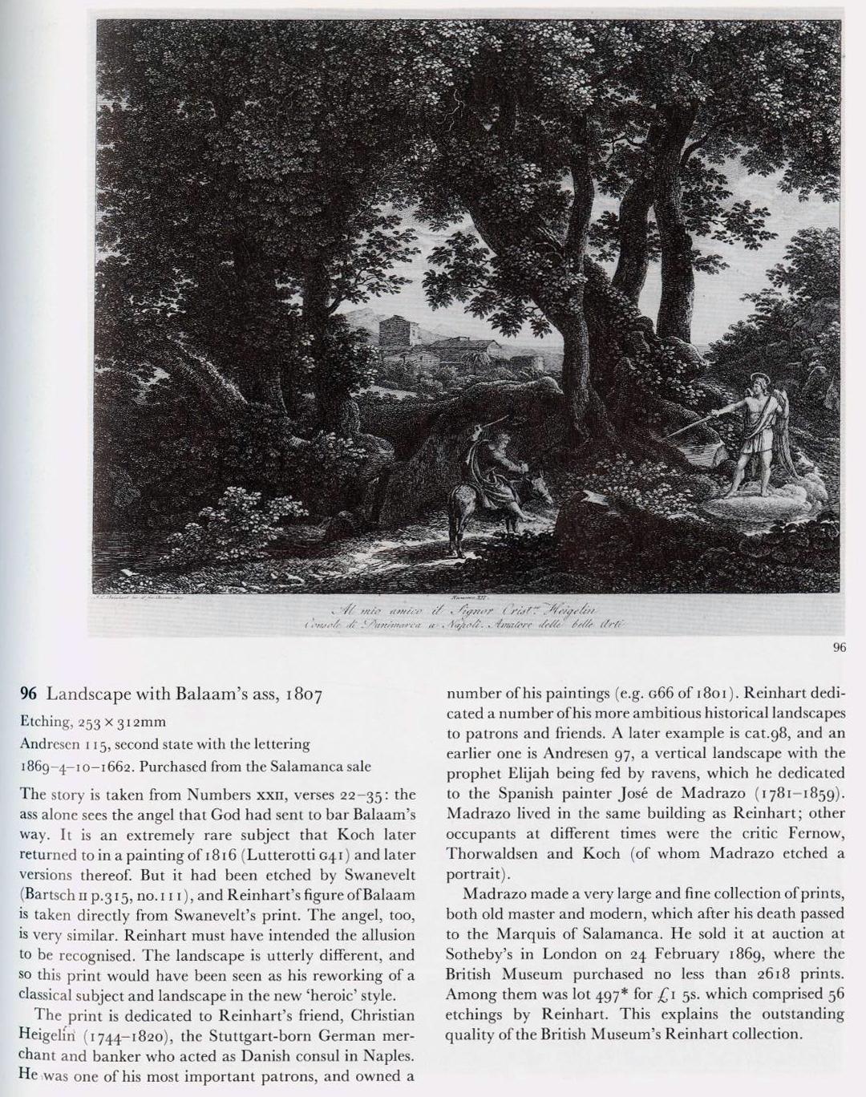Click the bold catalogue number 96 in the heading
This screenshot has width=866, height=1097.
coord(29,694)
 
